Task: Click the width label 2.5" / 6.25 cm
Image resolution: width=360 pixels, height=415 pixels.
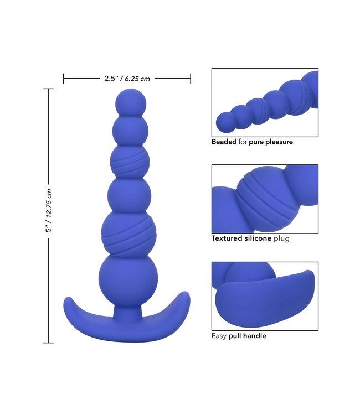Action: pyautogui.click(x=127, y=79)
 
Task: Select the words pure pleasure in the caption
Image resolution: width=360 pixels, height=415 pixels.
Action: pyautogui.click(x=271, y=142)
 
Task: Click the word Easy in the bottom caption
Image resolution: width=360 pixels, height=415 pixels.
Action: pyautogui.click(x=219, y=335)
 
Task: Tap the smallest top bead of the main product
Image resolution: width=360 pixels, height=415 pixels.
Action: pyautogui.click(x=131, y=101)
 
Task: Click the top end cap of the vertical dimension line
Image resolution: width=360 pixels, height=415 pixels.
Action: pyautogui.click(x=49, y=89)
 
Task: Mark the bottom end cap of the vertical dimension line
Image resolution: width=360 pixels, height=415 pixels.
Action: pyautogui.click(x=49, y=343)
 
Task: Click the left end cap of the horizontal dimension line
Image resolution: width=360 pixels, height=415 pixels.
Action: pyautogui.click(x=64, y=79)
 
